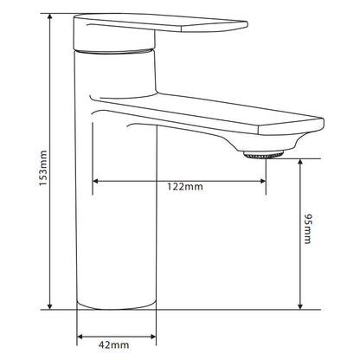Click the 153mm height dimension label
43,169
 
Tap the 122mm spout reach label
185,187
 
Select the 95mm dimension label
308,228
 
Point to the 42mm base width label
113,344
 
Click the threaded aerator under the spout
263,155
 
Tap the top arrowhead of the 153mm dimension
50,16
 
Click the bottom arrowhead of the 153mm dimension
50,305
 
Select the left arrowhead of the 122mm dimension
96,181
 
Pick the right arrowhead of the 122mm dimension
262,181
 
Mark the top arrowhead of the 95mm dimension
300,162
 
